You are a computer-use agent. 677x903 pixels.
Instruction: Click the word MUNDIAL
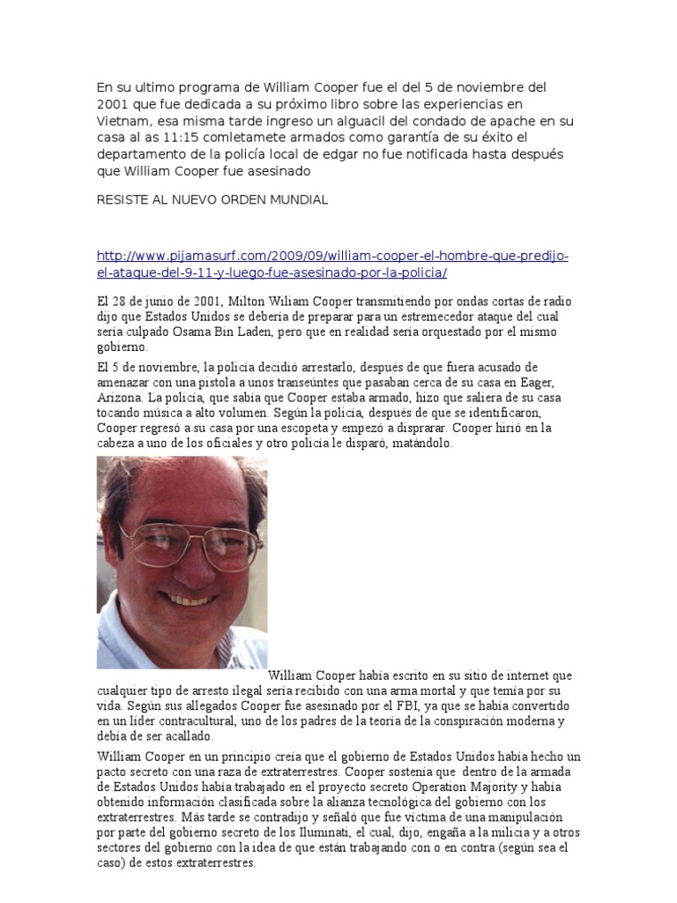tap(297, 199)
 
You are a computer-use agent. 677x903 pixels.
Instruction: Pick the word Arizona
tap(121, 397)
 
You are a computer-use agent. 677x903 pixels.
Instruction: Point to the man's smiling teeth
tap(190, 599)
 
